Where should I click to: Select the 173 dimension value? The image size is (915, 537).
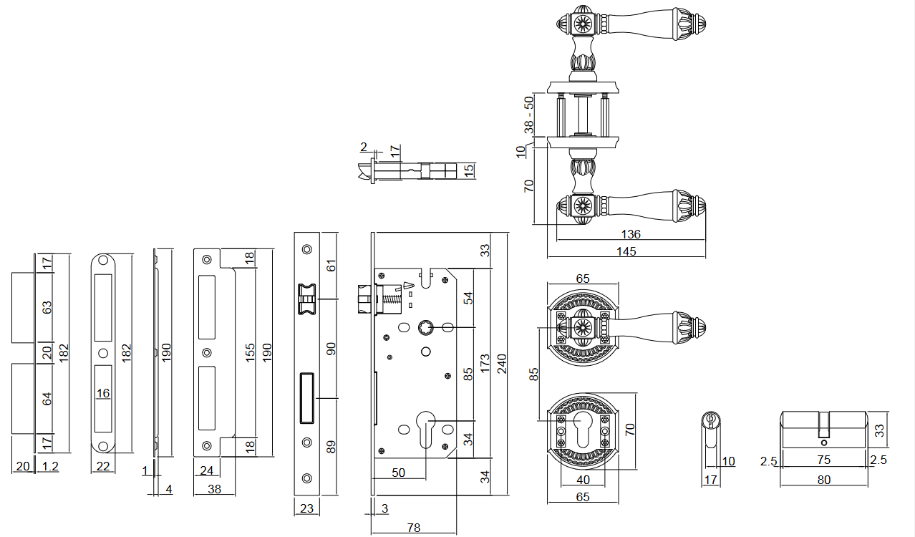[485, 364]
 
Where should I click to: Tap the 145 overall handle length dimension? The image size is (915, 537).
[626, 251]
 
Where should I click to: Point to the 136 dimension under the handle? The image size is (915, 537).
[631, 234]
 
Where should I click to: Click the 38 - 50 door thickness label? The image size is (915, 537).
[529, 115]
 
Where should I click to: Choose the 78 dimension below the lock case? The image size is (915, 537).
[414, 528]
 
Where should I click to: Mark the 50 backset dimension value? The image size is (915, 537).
[399, 473]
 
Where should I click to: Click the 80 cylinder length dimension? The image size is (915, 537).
[824, 480]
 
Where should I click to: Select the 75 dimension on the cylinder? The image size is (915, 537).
[824, 460]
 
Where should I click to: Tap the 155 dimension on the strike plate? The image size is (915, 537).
[251, 352]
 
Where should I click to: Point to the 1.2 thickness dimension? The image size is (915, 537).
[49, 467]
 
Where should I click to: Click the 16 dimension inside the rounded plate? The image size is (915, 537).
[104, 393]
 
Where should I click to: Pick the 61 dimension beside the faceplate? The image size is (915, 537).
[331, 266]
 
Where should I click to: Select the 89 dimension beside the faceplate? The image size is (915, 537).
[331, 446]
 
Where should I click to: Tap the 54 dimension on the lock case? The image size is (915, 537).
[469, 297]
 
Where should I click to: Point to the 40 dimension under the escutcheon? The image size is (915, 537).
[583, 480]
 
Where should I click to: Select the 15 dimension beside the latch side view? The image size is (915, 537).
[469, 171]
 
